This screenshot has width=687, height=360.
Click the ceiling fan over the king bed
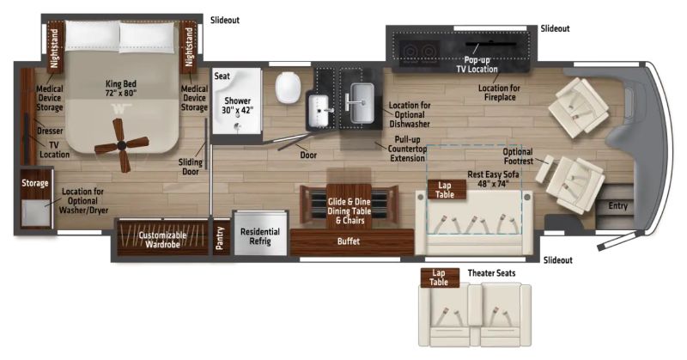pyautogui.click(x=121, y=145)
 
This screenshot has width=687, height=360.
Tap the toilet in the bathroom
pyautogui.click(x=288, y=88)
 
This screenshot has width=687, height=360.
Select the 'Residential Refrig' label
pyautogui.click(x=260, y=236)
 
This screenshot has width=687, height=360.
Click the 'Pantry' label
pyautogui.click(x=220, y=239)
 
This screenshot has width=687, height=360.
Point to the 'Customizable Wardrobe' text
pyautogui.click(x=162, y=240)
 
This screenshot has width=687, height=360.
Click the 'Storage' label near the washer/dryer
pyautogui.click(x=35, y=183)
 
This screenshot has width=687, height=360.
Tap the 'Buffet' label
pyautogui.click(x=349, y=241)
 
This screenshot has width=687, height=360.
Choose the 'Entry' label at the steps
pyautogui.click(x=617, y=205)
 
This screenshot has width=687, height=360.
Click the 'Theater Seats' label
pyautogui.click(x=491, y=273)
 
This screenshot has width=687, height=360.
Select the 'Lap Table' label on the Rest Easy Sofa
pyautogui.click(x=445, y=190)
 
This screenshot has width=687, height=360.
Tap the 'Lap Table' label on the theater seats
pyautogui.click(x=439, y=278)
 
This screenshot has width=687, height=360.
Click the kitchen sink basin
pyautogui.click(x=362, y=103)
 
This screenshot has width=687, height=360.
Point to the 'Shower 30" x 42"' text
pyautogui.click(x=237, y=106)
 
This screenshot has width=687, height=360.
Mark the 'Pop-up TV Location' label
pyautogui.click(x=477, y=64)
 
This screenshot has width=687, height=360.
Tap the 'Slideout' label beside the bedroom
pyautogui.click(x=225, y=20)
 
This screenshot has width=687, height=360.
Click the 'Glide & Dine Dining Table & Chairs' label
pyautogui.click(x=350, y=211)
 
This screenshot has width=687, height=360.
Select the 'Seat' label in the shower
pyautogui.click(x=222, y=76)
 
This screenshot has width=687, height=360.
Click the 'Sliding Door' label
pyautogui.click(x=191, y=167)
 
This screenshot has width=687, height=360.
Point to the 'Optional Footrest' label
pyautogui.click(x=518, y=156)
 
